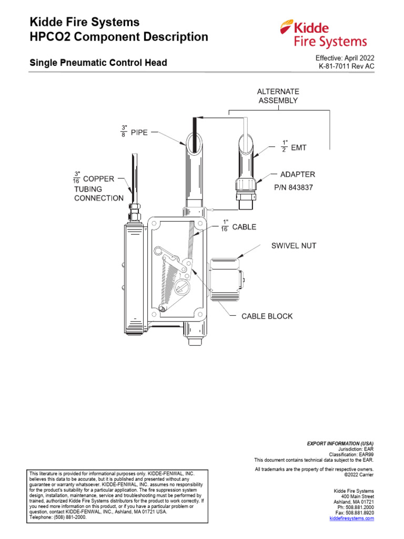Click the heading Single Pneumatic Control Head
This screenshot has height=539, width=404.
98,63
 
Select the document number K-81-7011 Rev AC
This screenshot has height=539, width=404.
346,67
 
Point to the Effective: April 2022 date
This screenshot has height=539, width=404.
345,58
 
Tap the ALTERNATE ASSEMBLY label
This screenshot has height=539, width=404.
278,96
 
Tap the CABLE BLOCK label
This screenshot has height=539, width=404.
267,316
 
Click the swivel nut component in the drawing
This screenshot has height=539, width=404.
225,279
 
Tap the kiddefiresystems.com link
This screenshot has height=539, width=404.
351,518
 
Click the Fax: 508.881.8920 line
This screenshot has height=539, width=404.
355,513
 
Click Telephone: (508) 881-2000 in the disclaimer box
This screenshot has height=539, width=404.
58,517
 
